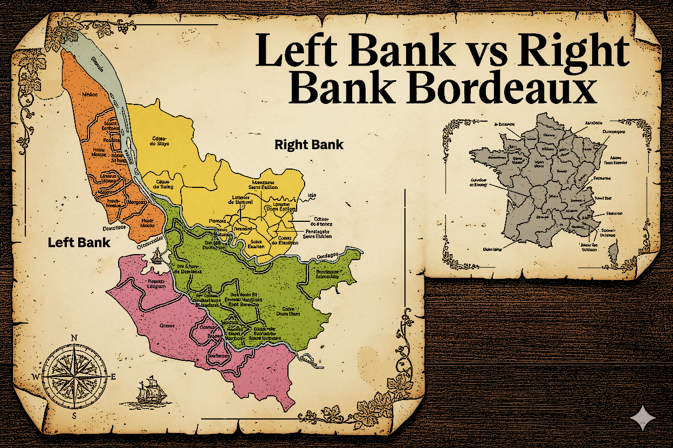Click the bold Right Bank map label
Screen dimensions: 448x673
[x=309, y=145]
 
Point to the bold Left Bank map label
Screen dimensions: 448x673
[x=79, y=242]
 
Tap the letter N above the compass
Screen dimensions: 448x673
[x=74, y=338]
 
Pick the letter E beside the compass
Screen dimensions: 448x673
[x=113, y=376]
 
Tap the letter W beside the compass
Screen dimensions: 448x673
[x=36, y=376]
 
